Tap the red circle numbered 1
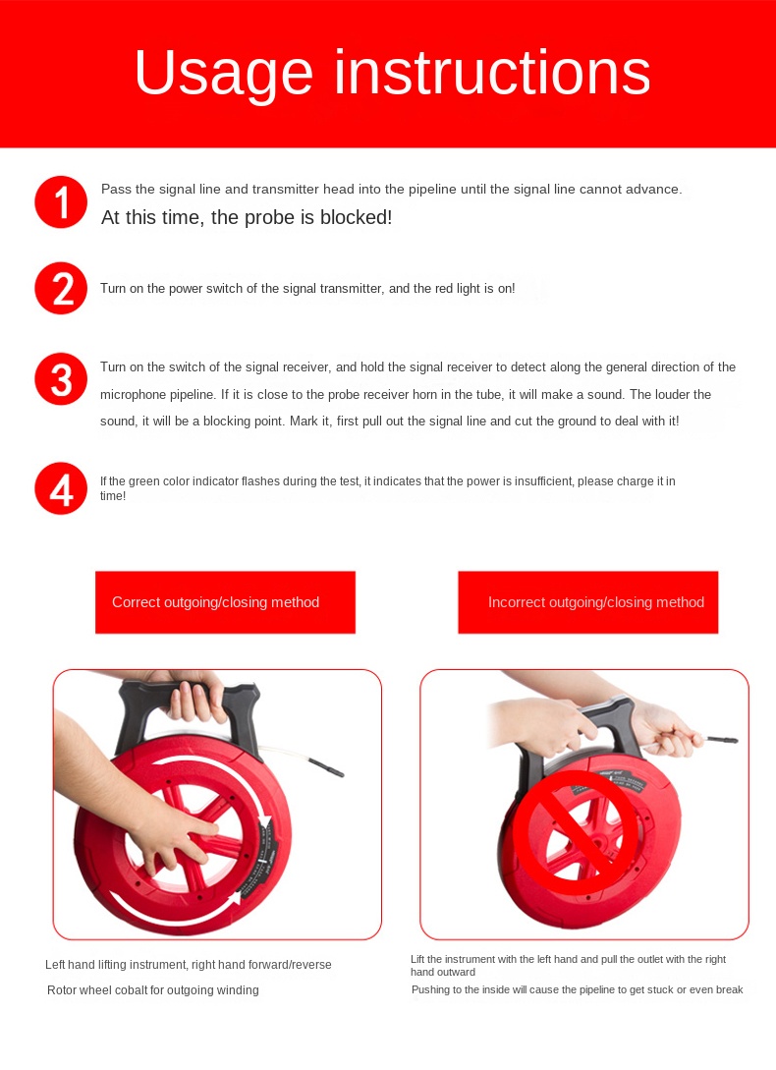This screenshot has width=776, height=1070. [61, 202]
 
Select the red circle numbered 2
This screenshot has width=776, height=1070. [61, 288]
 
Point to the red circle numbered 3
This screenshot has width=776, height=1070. [61, 378]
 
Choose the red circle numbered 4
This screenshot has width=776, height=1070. [61, 488]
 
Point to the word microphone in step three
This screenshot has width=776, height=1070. [133, 395]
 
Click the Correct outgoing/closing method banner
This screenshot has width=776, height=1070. [225, 602]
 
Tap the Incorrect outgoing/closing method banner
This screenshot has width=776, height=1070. [587, 602]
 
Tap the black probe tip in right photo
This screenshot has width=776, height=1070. [722, 739]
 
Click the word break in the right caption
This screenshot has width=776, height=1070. [728, 989]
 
